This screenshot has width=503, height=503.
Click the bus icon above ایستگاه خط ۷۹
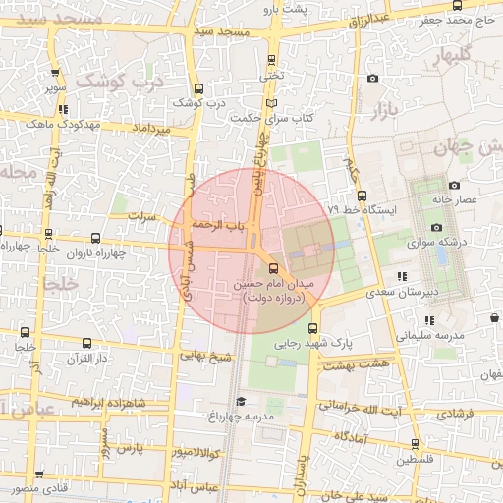point(363,195)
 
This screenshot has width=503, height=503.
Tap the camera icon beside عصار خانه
point(454,185)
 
